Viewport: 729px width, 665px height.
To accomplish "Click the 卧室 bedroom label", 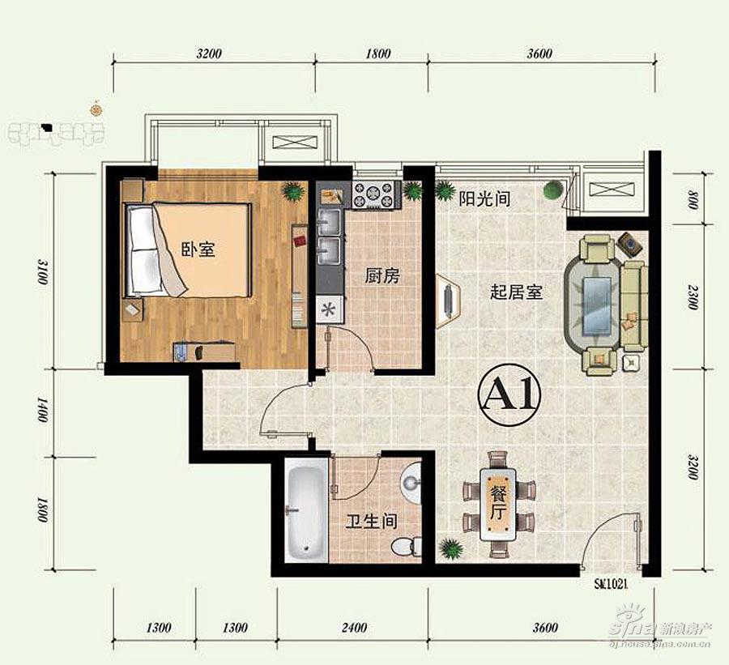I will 198,249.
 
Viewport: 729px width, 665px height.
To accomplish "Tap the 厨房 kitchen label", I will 382,276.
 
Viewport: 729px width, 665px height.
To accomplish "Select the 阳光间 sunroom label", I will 484,198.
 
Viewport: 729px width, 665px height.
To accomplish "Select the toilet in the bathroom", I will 406,545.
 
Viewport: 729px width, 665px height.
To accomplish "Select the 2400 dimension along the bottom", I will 354,628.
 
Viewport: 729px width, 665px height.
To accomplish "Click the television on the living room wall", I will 447,301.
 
